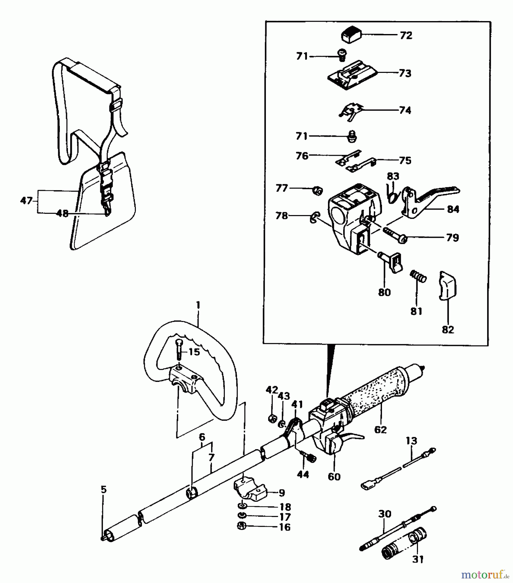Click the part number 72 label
406,35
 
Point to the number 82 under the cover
448,330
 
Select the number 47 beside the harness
26,201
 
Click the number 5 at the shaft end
103,489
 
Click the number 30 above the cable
385,514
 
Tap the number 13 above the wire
411,441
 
